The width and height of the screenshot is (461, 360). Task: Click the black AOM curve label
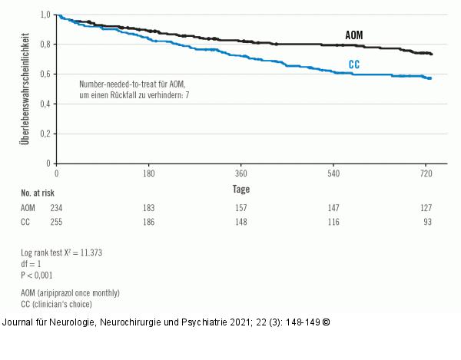[x=353, y=37]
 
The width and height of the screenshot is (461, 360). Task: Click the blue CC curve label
[x=354, y=65]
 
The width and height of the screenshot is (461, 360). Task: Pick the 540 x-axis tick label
[x=333, y=174]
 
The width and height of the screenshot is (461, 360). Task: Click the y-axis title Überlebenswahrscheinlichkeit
[x=26, y=88]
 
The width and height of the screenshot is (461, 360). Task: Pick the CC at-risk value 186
[x=148, y=222]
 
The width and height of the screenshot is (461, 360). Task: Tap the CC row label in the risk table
[x=27, y=222]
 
